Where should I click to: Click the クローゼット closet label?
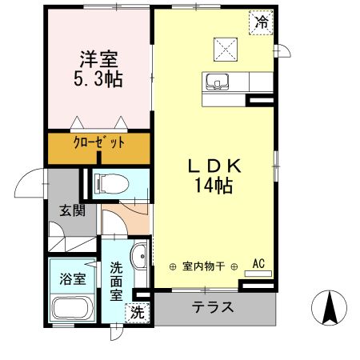coord(99,144)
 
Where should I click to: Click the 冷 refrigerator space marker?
coord(262,22)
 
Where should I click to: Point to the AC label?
coord(258,262)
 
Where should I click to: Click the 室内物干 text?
coord(203,266)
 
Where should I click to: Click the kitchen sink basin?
coord(217,82)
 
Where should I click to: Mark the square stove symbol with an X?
coord(226,49)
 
